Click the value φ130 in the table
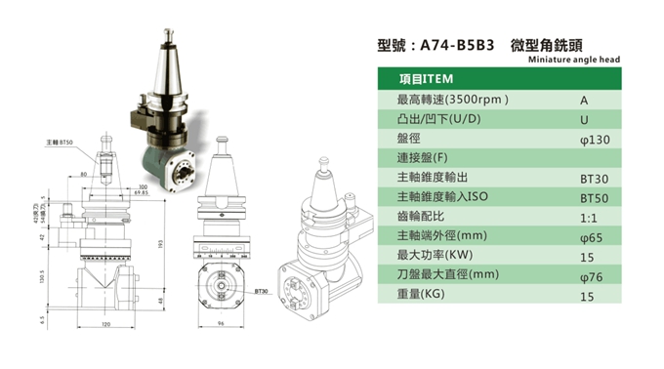click(x=594, y=140)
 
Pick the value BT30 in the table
click(x=594, y=181)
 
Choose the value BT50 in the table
click(x=594, y=200)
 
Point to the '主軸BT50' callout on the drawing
click(x=60, y=143)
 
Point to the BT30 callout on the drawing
click(x=261, y=291)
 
